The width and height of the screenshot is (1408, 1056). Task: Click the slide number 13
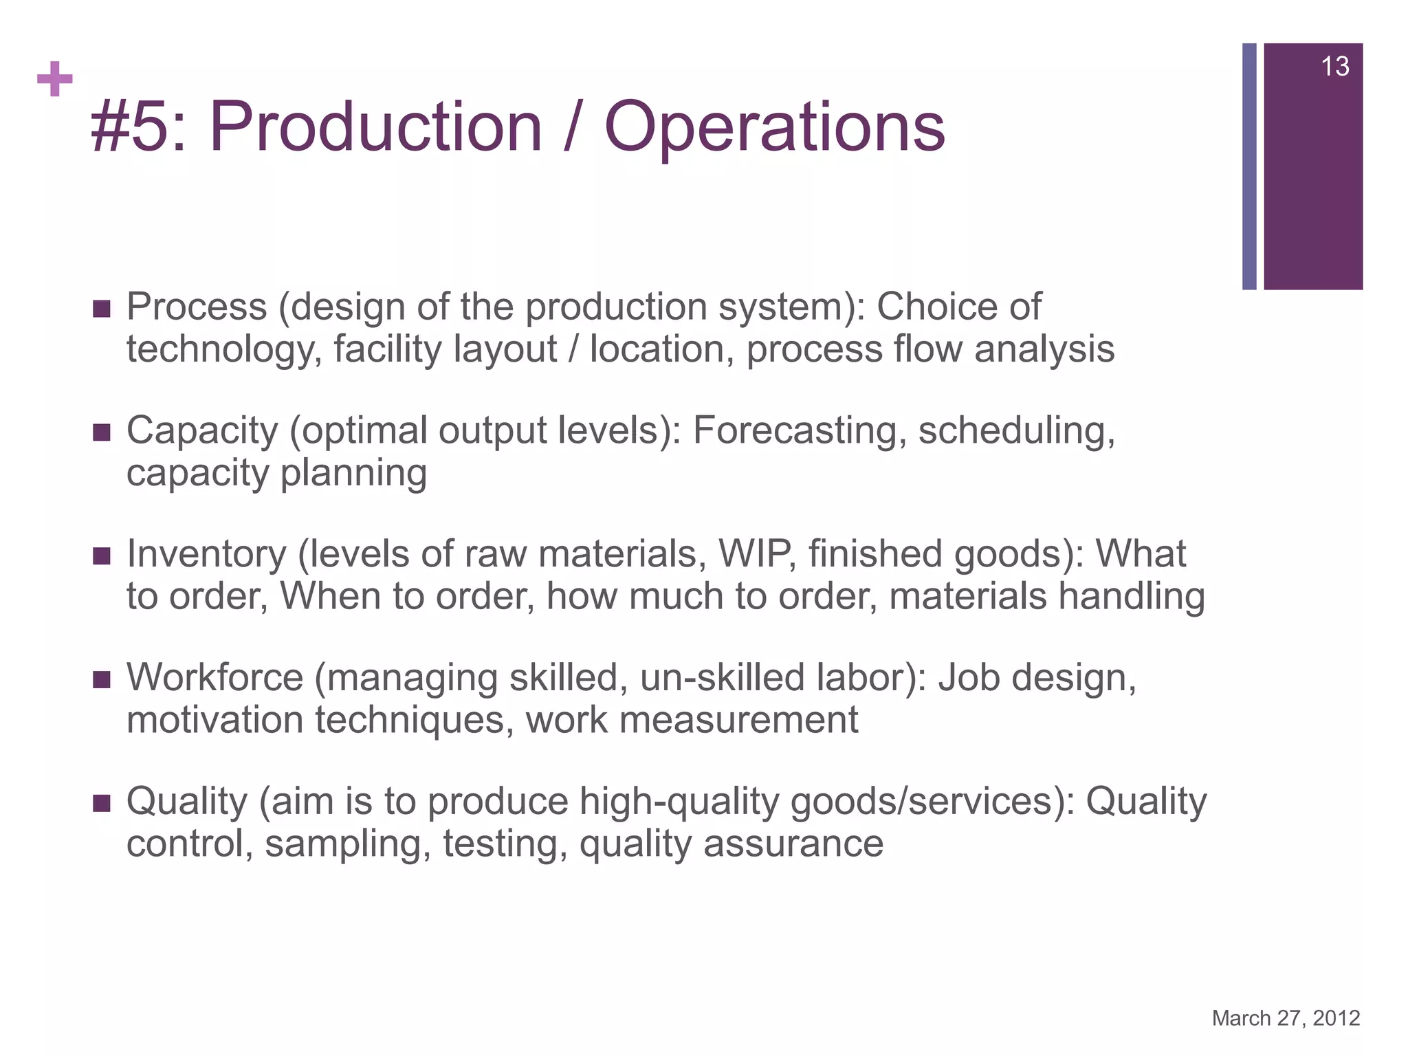[1334, 67]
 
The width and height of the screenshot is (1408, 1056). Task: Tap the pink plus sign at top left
[55, 79]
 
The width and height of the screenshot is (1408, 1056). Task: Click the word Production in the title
[376, 127]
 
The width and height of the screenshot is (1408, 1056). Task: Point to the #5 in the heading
[131, 127]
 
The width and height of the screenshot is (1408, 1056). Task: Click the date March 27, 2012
[1286, 1018]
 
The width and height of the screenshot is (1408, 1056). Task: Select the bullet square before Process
[101, 309]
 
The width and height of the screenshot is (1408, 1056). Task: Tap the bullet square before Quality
[101, 803]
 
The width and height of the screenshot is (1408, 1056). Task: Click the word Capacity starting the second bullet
[202, 432]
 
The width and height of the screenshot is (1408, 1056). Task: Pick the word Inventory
[206, 554]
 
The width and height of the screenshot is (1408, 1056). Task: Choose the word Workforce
[214, 678]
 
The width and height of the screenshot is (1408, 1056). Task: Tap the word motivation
[214, 720]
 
